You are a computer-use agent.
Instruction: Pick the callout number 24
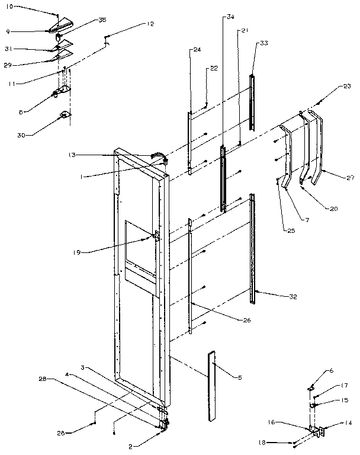pos(197,50)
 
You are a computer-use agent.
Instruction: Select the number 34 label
pos(230,17)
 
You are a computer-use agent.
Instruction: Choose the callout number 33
pos(263,43)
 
